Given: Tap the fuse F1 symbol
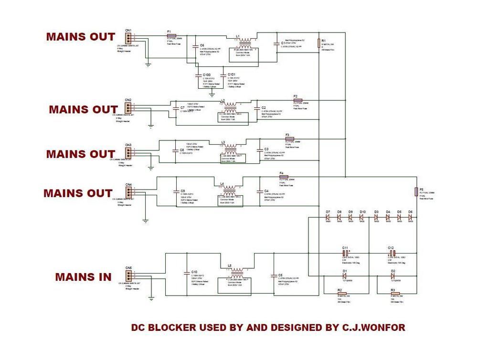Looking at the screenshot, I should tap(171, 35).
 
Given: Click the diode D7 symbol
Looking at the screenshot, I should tap(329, 217).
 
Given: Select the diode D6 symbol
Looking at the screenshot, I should tap(410, 217).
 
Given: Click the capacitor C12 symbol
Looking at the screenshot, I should tap(391, 253).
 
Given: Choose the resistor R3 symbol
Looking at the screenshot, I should tap(395, 293).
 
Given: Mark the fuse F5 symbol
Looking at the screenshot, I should tap(416, 191).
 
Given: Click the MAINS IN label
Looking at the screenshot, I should tap(83, 277).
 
